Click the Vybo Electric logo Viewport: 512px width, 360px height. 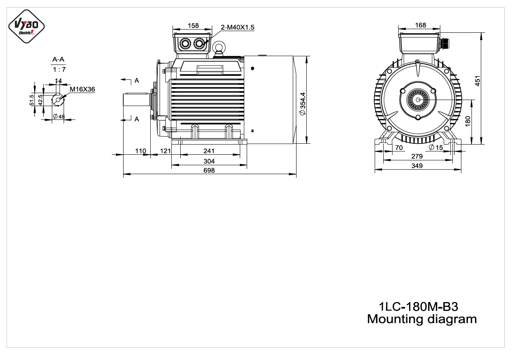tap(26, 26)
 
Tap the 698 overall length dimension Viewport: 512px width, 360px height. tap(209, 170)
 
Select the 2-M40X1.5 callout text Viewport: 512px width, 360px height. tap(237, 27)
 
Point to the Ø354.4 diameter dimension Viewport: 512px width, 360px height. tap(303, 104)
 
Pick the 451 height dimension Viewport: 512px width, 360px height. tap(478, 81)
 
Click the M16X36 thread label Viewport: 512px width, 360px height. tap(82, 89)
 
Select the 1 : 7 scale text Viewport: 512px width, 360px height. tap(59, 70)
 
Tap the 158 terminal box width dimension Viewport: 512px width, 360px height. tap(193, 26)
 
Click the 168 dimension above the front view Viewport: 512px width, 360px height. tap(420, 25)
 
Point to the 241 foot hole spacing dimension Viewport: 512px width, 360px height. tap(209, 151)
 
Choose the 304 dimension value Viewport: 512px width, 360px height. tap(209, 161)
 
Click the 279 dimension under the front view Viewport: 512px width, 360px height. tap(417, 156)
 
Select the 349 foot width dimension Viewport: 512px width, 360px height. tap(417, 166)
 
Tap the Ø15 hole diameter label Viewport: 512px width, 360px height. tap(436, 147)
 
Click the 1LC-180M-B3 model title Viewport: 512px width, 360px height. tap(418, 307)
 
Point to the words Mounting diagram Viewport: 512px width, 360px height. tap(422, 319)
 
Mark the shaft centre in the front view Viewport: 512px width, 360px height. tap(418, 100)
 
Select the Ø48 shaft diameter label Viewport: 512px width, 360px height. tap(59, 117)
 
